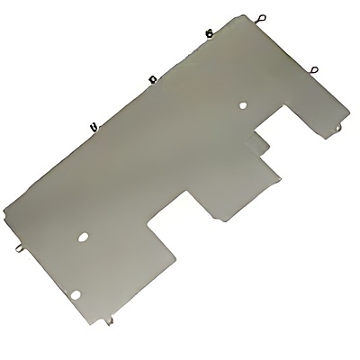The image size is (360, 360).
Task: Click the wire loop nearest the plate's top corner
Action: (261, 16)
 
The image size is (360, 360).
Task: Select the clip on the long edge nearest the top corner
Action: (209, 33)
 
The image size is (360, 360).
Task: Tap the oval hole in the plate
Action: (83, 238)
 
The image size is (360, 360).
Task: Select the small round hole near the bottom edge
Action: (76, 292)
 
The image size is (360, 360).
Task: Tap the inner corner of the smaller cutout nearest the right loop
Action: (290, 104)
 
